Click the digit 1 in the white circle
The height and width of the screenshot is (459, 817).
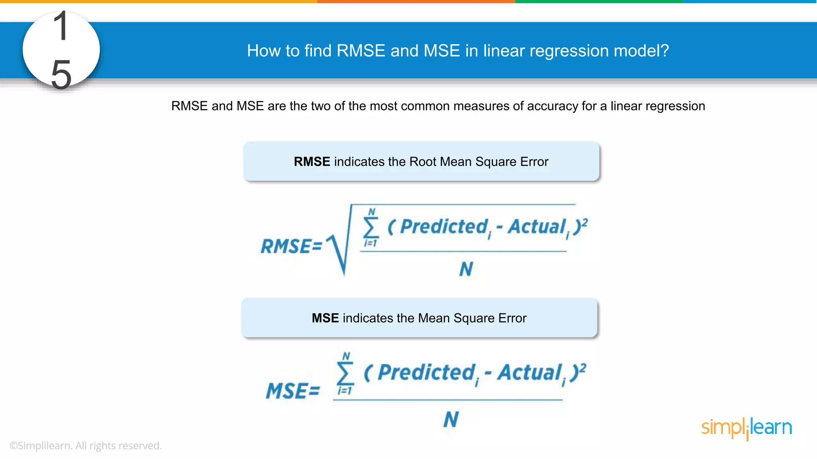pyautogui.click(x=61, y=26)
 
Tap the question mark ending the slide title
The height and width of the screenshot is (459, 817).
pyautogui.click(x=664, y=51)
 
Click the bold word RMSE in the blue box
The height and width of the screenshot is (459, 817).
pyautogui.click(x=312, y=162)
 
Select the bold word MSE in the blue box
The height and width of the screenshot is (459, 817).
pyautogui.click(x=325, y=318)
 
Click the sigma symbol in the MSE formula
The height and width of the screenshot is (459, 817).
pyautogui.click(x=345, y=373)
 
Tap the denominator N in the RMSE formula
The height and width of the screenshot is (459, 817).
pyautogui.click(x=466, y=269)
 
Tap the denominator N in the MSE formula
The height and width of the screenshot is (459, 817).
pyautogui.click(x=451, y=420)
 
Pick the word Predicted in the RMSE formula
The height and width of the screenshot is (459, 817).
pyautogui.click(x=444, y=227)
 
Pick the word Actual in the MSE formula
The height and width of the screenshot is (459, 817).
pyautogui.click(x=530, y=373)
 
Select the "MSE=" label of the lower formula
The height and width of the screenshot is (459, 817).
pyautogui.click(x=293, y=391)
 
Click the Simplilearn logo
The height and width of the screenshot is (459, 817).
pyautogui.click(x=746, y=428)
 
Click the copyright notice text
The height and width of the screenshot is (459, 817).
pyautogui.click(x=85, y=445)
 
